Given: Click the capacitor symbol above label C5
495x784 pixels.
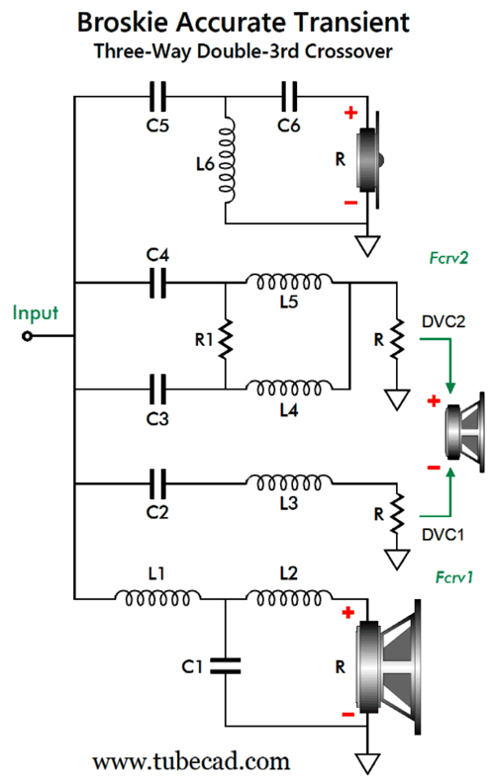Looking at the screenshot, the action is (x=157, y=97).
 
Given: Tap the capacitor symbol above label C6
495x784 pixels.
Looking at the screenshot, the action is (x=289, y=97).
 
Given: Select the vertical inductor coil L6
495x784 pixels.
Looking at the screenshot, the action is (x=227, y=160).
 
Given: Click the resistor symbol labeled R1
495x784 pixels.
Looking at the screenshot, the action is (x=226, y=339).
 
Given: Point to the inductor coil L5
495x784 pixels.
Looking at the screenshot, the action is (x=289, y=282).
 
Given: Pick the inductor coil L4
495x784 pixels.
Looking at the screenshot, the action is (x=289, y=388).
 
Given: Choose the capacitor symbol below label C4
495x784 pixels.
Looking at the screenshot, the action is (x=157, y=283).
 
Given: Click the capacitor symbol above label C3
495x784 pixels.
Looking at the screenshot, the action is (x=157, y=389).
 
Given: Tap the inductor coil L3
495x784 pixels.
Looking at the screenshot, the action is (x=289, y=482).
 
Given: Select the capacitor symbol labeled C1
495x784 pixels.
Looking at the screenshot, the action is (x=226, y=666).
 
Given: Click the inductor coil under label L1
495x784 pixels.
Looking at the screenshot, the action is (x=157, y=596).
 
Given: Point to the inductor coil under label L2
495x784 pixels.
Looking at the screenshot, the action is (x=289, y=596).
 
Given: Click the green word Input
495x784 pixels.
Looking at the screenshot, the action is (x=35, y=313).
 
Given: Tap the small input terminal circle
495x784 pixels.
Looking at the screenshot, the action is (x=27, y=336).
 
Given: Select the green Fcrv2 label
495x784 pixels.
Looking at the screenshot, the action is (x=448, y=258).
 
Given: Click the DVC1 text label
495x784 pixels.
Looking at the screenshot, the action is (x=443, y=535).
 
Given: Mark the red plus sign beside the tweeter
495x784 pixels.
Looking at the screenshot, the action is (x=350, y=113).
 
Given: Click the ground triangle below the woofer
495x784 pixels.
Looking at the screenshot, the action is (x=367, y=763).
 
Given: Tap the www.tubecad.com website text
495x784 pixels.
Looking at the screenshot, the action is (x=191, y=761).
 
